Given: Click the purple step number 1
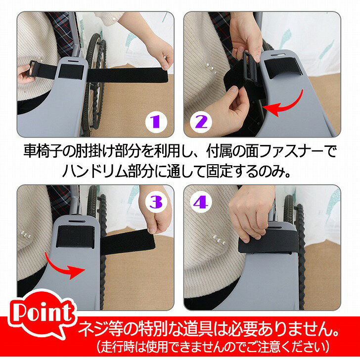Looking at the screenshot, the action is click(x=156, y=122).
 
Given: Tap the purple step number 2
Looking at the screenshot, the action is click(x=201, y=122).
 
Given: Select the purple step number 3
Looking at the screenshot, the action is click(x=156, y=202).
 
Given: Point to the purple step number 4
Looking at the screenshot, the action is click(x=201, y=202).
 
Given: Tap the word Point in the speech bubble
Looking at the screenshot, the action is click(x=43, y=311).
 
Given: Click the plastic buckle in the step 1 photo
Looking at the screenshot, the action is click(x=32, y=68).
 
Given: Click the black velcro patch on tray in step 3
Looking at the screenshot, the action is click(x=76, y=236).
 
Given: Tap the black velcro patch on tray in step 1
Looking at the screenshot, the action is click(x=71, y=72).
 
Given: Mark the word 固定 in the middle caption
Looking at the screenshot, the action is click(x=219, y=171).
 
